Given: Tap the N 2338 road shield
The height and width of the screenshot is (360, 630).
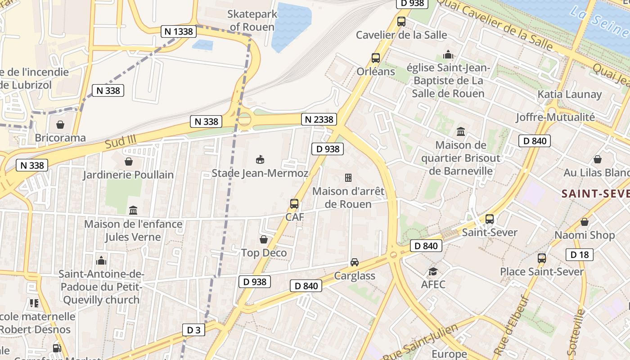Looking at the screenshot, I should pyautogui.click(x=319, y=119).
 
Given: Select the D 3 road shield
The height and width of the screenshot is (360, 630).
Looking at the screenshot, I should pyautogui.click(x=193, y=330).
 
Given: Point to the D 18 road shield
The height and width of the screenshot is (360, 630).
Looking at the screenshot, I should pyautogui.click(x=580, y=255).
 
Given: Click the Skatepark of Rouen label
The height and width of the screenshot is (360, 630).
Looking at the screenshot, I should pyautogui.click(x=252, y=21).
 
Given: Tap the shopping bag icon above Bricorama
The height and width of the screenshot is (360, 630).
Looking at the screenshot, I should pyautogui.click(x=60, y=125).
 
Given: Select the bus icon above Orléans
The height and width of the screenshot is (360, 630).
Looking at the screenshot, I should pyautogui.click(x=376, y=58).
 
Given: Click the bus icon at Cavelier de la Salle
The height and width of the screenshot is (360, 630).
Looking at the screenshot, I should pyautogui.click(x=401, y=22).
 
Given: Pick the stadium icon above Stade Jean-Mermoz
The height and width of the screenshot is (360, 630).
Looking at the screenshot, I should pyautogui.click(x=260, y=160).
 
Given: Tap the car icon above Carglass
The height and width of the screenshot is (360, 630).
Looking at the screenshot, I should pyautogui.click(x=355, y=262).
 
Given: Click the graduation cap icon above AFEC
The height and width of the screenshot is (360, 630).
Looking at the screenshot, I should pyautogui.click(x=433, y=271).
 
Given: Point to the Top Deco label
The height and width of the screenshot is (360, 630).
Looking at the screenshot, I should pyautogui.click(x=264, y=253).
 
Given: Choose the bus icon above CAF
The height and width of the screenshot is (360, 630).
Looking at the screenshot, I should pyautogui.click(x=294, y=204).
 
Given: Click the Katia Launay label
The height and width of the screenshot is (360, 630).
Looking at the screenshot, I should pyautogui.click(x=570, y=94).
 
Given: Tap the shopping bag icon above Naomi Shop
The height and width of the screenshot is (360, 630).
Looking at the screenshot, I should pyautogui.click(x=585, y=222).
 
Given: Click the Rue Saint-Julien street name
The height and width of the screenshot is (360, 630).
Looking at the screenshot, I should pyautogui.click(x=421, y=342).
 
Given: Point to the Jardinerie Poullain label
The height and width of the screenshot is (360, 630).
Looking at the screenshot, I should pyautogui.click(x=128, y=175).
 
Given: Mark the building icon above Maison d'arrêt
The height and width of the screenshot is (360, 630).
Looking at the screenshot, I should pyautogui.click(x=348, y=178).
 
